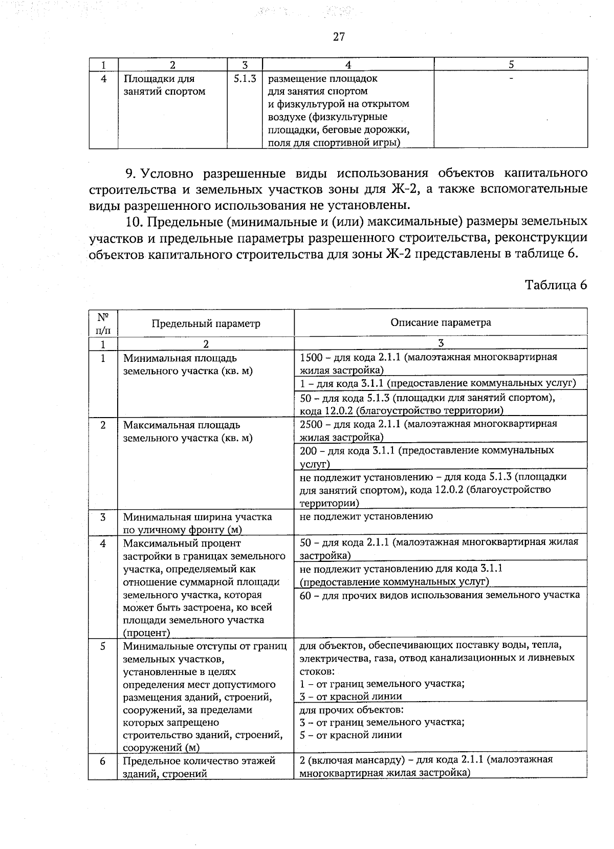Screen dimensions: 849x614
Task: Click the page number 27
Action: (339, 37)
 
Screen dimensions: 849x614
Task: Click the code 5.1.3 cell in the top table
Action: (245, 79)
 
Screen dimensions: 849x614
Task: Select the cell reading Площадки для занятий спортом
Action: (164, 85)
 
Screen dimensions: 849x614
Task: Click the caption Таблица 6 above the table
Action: (556, 285)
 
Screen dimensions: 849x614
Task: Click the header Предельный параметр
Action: (206, 323)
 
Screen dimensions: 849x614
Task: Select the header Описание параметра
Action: (441, 322)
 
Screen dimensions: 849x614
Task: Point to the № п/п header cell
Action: (103, 323)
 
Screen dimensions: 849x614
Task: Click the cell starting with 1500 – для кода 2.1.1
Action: (428, 363)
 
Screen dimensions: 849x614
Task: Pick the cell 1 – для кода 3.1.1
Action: (437, 383)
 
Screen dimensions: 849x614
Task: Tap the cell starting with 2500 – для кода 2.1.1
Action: (428, 430)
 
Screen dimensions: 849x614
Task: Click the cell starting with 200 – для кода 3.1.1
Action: (426, 456)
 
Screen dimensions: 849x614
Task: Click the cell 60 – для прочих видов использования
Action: (440, 595)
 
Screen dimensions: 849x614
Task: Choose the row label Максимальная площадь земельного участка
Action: (188, 431)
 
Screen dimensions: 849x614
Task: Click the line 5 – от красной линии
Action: (351, 735)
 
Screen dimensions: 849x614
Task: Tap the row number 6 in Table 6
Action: (103, 761)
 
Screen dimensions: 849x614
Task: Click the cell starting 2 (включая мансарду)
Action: (426, 766)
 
